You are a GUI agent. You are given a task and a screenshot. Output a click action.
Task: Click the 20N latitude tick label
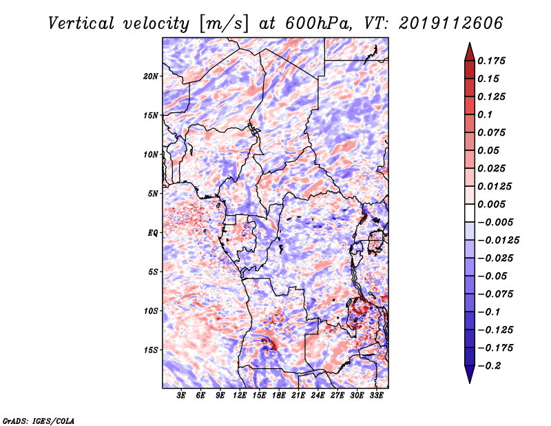151,77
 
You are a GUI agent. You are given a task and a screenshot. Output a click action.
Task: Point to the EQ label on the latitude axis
153,233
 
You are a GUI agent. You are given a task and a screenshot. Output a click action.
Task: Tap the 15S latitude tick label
151,350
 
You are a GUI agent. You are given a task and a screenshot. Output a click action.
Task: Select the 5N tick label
153,194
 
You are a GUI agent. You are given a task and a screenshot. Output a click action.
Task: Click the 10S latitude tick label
151,311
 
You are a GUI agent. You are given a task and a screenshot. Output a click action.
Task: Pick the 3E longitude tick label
181,396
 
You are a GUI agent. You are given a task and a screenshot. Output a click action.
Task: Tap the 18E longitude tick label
279,396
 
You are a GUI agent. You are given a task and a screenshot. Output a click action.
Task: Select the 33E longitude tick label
376,396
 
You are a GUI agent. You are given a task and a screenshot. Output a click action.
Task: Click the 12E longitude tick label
240,396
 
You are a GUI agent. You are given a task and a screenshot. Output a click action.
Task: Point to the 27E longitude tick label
337,396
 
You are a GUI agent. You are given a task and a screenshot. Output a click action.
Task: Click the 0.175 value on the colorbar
491,61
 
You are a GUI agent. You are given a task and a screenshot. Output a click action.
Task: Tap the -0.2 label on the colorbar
489,366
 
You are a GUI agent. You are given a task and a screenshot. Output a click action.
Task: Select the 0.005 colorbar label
491,204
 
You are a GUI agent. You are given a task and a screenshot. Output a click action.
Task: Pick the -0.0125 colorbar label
498,241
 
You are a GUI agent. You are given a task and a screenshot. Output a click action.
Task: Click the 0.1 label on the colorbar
485,114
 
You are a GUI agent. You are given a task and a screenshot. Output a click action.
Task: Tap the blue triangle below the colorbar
470,373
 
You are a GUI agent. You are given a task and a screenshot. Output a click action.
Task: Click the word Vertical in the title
81,23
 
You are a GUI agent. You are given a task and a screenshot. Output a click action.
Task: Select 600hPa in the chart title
317,23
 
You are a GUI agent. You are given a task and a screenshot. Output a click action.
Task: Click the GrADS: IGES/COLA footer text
39,420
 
